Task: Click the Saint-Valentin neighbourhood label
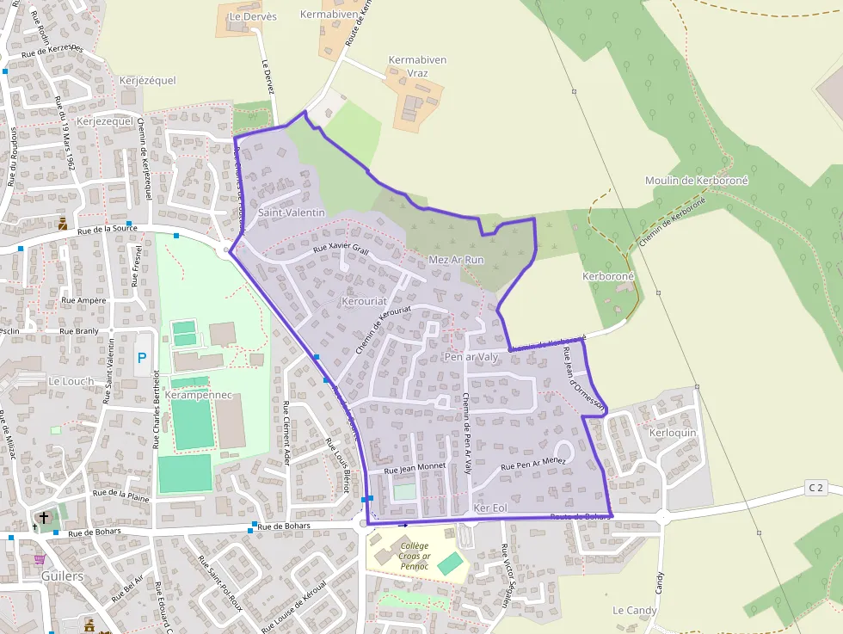(292, 212)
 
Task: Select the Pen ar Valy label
(471, 357)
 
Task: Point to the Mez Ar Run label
(456, 260)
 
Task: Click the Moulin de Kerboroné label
(697, 181)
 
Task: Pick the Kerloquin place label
(673, 433)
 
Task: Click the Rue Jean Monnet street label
(415, 468)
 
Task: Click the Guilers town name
(63, 576)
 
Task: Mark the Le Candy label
(635, 611)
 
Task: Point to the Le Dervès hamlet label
(253, 16)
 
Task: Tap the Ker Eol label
(490, 509)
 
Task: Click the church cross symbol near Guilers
(44, 518)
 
